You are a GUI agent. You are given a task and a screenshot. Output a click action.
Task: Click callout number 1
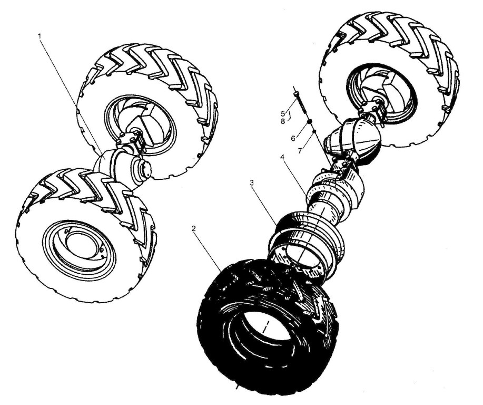pos(40,36)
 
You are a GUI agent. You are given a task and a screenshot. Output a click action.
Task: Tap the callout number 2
pos(193,228)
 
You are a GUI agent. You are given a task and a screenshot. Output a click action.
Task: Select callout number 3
pos(252,182)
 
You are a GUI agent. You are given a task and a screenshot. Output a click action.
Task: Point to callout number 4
pos(282,157)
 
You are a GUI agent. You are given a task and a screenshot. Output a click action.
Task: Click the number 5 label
pos(283,113)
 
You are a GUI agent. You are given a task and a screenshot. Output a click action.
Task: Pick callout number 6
pos(293,138)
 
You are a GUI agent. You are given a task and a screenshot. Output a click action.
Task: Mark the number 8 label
pos(283,121)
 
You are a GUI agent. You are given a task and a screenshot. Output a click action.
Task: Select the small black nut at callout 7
pos(314,132)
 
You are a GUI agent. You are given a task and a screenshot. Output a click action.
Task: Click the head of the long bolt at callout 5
pos(296,92)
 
